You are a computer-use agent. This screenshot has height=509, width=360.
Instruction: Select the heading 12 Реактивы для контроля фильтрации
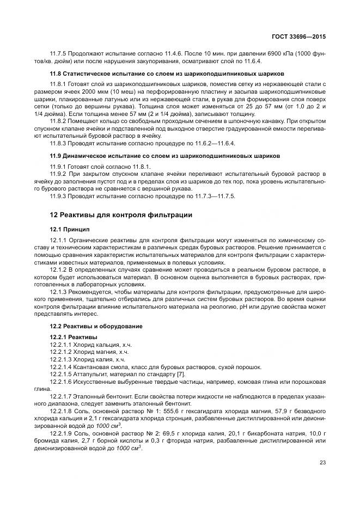point(121,214)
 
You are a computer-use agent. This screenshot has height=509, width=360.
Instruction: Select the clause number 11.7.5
point(58,53)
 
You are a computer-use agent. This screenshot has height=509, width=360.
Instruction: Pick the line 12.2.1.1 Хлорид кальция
point(87,345)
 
